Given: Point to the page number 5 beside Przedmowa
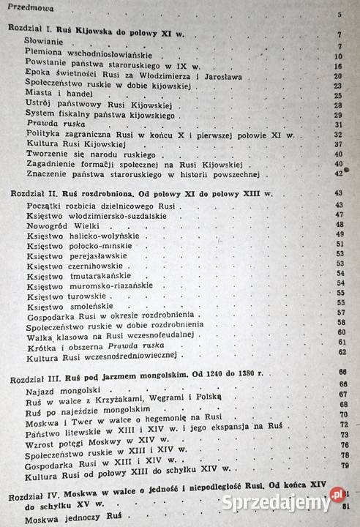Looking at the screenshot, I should [340, 15].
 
